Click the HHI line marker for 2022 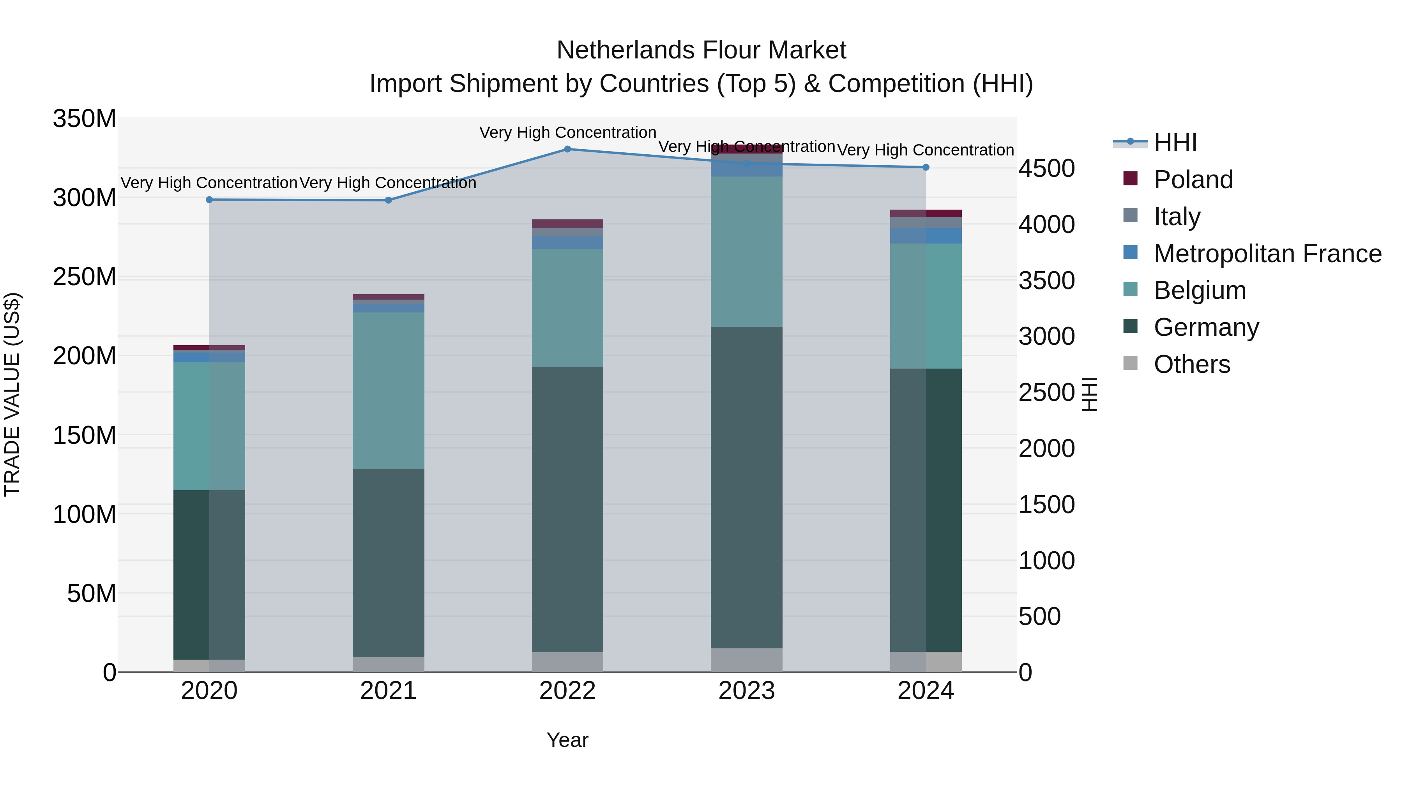[567, 149]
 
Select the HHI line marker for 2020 [209, 200]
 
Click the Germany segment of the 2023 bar [746, 487]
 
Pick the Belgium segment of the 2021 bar [388, 390]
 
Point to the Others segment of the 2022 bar [567, 662]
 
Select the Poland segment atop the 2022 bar [567, 224]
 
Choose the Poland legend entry [1193, 180]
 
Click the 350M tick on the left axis [85, 119]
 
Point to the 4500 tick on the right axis [1046, 169]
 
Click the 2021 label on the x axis [388, 691]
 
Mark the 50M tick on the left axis [92, 593]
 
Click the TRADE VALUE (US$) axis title [12, 394]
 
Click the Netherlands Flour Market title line [701, 51]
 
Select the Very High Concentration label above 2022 [567, 132]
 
